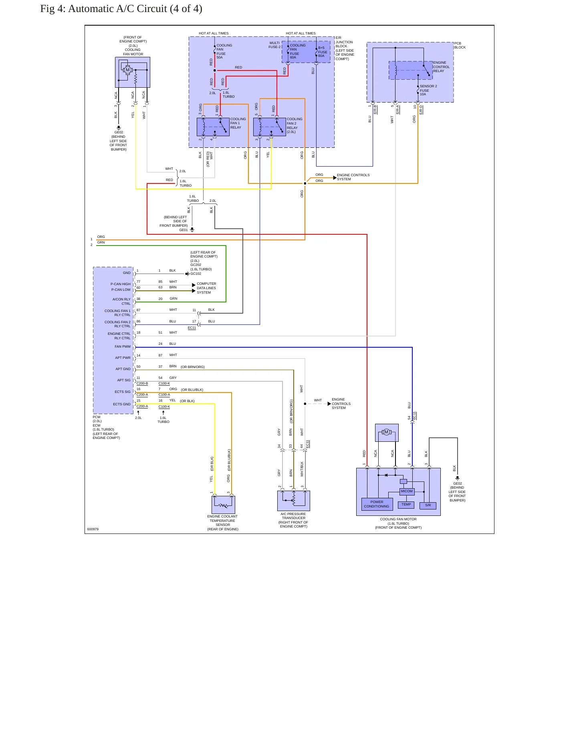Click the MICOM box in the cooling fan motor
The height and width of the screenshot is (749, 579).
[407, 491]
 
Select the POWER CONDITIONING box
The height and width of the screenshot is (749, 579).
[377, 504]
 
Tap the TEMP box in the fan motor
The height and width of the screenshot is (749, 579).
[406, 505]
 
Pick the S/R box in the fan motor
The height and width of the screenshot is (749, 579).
[428, 505]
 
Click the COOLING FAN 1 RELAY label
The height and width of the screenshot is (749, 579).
[238, 123]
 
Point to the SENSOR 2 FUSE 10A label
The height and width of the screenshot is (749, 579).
[428, 90]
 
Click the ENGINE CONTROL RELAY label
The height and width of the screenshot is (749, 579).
[441, 67]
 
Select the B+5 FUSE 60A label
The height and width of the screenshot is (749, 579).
[323, 52]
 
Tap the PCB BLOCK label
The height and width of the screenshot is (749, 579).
[460, 45]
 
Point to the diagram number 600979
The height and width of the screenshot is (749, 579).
[93, 529]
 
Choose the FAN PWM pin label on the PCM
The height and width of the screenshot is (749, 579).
[123, 346]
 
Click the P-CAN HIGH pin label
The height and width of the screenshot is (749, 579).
[121, 284]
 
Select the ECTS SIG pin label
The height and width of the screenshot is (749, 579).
[123, 392]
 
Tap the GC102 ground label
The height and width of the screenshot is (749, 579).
[196, 274]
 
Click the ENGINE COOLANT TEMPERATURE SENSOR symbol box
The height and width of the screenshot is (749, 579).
[223, 505]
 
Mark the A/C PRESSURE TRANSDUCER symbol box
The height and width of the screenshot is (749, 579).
[294, 501]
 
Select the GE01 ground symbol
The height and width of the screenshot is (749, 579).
[192, 230]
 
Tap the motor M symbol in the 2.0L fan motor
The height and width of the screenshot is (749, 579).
[128, 70]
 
